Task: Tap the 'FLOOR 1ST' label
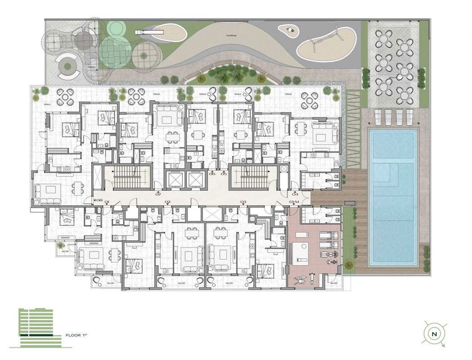click(x=79, y=336)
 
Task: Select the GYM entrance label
click(x=295, y=202)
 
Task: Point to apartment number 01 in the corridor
click(x=108, y=202)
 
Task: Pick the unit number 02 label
click(x=167, y=202)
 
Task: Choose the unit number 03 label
click(x=243, y=202)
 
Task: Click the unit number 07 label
click(x=158, y=194)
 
